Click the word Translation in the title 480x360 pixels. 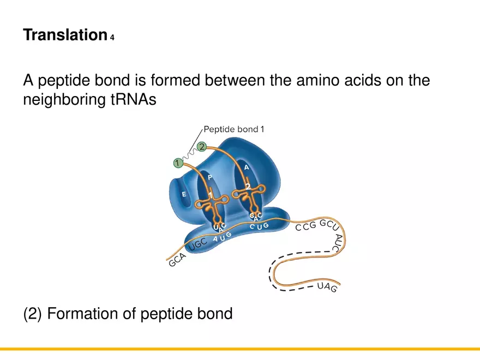click(x=64, y=36)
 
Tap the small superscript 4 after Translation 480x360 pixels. click(x=112, y=38)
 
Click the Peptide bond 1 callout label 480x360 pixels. click(x=234, y=130)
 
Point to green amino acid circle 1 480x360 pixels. click(x=177, y=163)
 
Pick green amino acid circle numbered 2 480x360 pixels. click(x=202, y=146)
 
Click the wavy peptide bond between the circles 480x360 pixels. click(x=189, y=154)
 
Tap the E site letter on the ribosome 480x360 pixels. click(x=184, y=194)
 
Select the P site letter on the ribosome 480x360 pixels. click(x=210, y=177)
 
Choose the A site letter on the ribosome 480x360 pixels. click(x=247, y=168)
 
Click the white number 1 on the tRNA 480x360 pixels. click(x=210, y=195)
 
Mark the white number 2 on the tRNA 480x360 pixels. click(x=248, y=187)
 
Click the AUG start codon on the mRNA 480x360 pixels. click(x=222, y=237)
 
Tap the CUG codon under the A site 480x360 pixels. click(x=259, y=225)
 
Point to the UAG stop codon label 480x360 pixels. click(x=327, y=287)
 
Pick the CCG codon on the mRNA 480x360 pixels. click(x=305, y=227)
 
